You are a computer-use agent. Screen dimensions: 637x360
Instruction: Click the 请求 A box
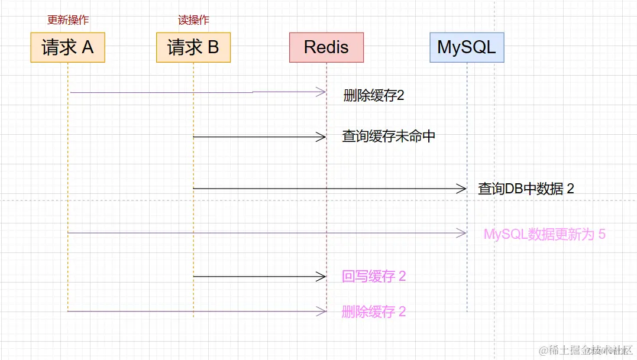coord(68,47)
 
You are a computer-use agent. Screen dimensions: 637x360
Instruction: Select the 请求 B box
coord(193,47)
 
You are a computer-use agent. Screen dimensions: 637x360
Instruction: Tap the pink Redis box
coord(326,47)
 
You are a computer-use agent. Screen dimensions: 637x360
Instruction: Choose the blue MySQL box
coord(467,47)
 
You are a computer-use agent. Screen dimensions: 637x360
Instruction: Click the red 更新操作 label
coord(68,20)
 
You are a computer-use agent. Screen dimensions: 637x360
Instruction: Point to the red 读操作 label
coord(193,20)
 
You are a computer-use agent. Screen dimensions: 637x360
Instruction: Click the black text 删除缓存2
coord(374,96)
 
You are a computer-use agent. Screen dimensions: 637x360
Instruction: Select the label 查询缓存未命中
coord(389,137)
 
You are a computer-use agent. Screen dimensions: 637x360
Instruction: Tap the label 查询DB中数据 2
coord(526,189)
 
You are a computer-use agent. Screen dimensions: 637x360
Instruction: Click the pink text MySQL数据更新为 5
coord(544,234)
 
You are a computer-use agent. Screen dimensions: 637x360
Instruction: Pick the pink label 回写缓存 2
coord(374,277)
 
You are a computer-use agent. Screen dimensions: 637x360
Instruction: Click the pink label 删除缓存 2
coord(374,312)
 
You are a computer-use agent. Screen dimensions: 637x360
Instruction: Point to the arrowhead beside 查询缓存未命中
coord(321,137)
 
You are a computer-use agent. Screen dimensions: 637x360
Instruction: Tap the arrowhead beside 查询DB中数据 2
coord(461,189)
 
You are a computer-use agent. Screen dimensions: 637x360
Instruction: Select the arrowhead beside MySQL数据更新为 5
coord(461,233)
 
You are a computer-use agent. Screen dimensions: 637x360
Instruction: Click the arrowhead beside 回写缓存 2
coord(321,277)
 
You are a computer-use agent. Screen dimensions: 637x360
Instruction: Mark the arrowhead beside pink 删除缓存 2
coord(321,312)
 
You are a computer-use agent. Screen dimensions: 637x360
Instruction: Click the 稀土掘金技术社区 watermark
coord(586,350)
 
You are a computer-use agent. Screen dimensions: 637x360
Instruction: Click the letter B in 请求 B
coord(214,47)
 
